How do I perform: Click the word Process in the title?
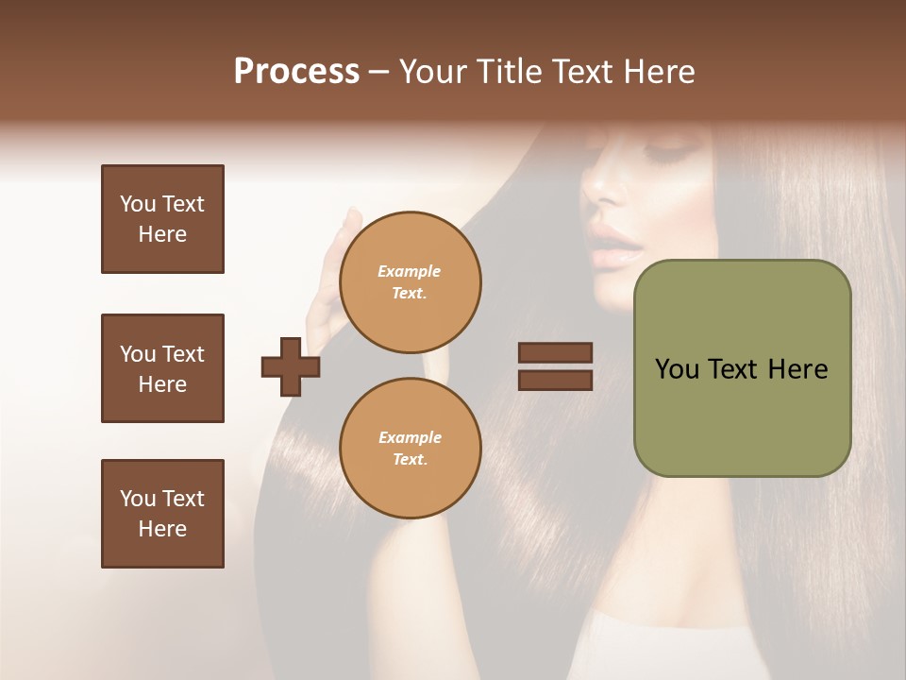pos(296,72)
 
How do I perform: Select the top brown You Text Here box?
pos(162,219)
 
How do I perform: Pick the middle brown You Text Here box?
pos(162,368)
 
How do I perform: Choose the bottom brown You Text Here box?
pos(162,514)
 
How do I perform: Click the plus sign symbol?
pos(291,366)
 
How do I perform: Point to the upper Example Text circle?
pos(410,282)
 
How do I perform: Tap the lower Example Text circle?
pos(410,449)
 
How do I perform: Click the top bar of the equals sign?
pos(555,352)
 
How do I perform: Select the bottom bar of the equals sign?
pos(555,380)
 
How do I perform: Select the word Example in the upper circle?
pos(410,271)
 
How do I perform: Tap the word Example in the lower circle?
pos(410,437)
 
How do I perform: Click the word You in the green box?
pos(676,369)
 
